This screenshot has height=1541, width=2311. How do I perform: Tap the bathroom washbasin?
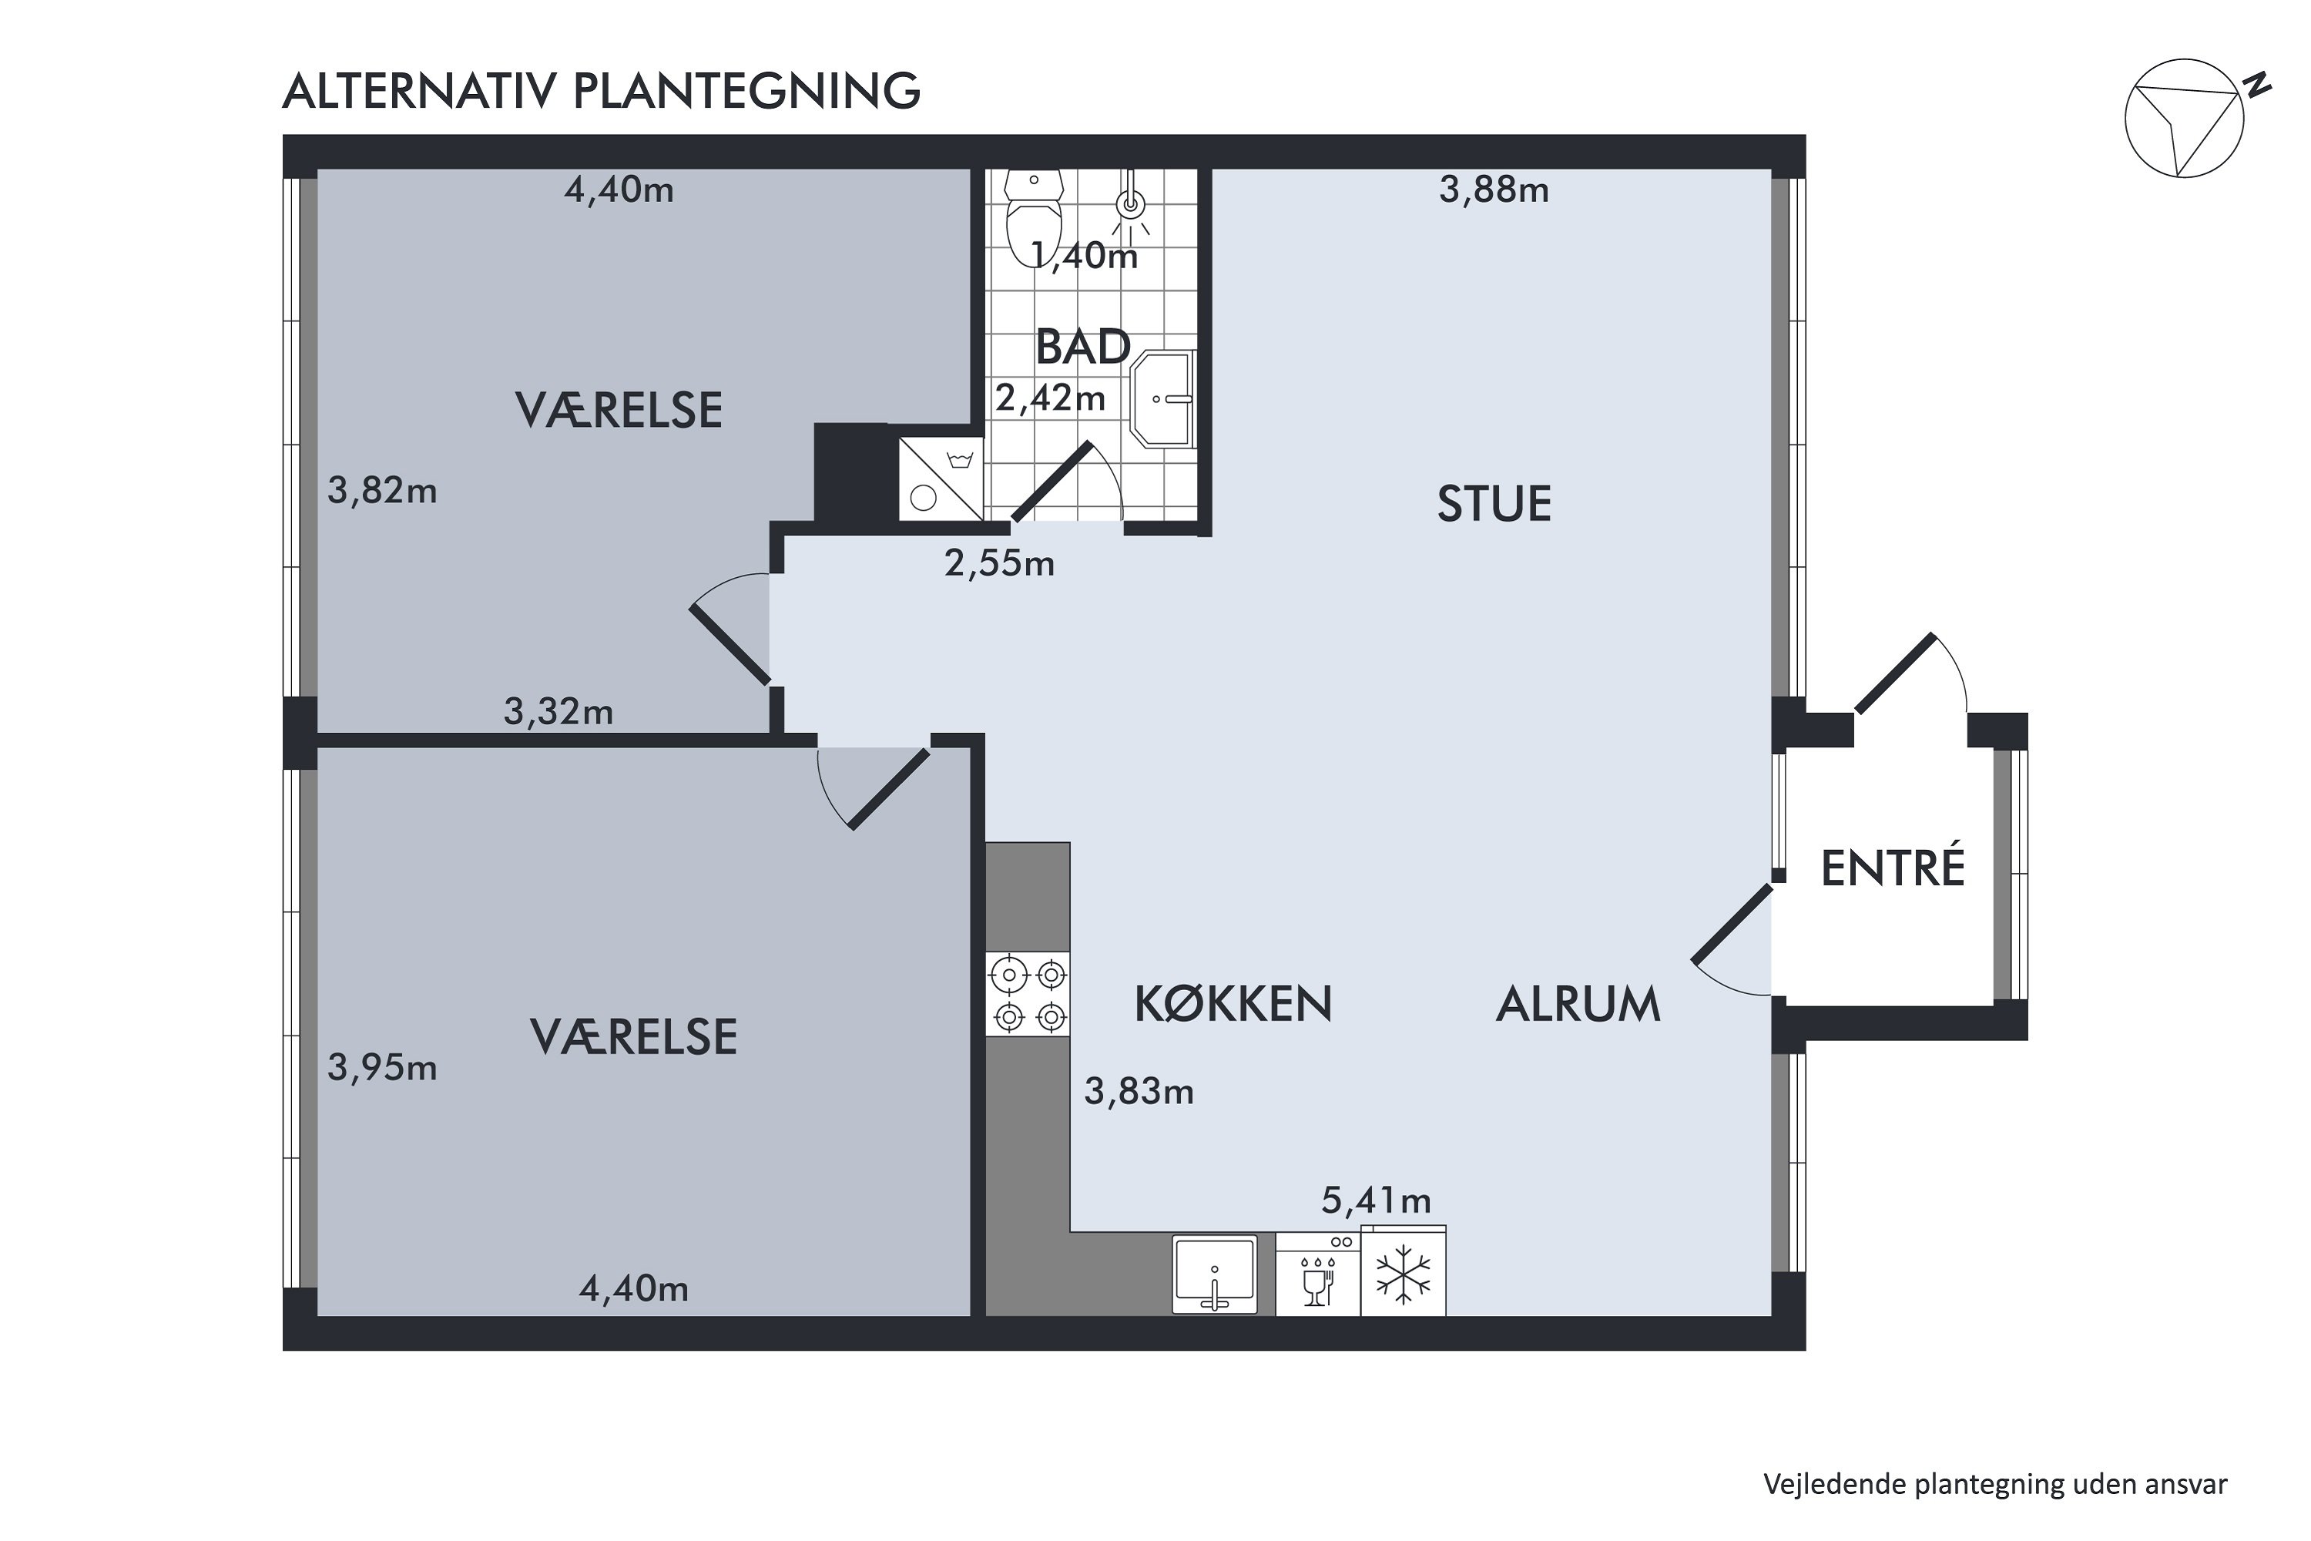1163,399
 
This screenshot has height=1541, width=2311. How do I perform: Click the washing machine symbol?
941,478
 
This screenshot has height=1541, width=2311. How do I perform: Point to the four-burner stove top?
1028,994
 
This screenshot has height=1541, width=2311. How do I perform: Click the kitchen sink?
1216,1274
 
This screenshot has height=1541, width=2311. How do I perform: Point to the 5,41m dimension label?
1376,1200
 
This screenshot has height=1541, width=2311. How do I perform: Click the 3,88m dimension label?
1494,190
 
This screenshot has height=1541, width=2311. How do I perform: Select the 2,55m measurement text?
999,563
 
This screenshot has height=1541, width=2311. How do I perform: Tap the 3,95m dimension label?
382,1067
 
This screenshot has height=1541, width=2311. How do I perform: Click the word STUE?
1494,504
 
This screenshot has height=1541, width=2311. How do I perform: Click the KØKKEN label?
1233,1003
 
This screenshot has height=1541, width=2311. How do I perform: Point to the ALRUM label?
1578,1003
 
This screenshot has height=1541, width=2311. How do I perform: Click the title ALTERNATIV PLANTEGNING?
602,90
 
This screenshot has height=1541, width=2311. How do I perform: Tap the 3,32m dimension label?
558,710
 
